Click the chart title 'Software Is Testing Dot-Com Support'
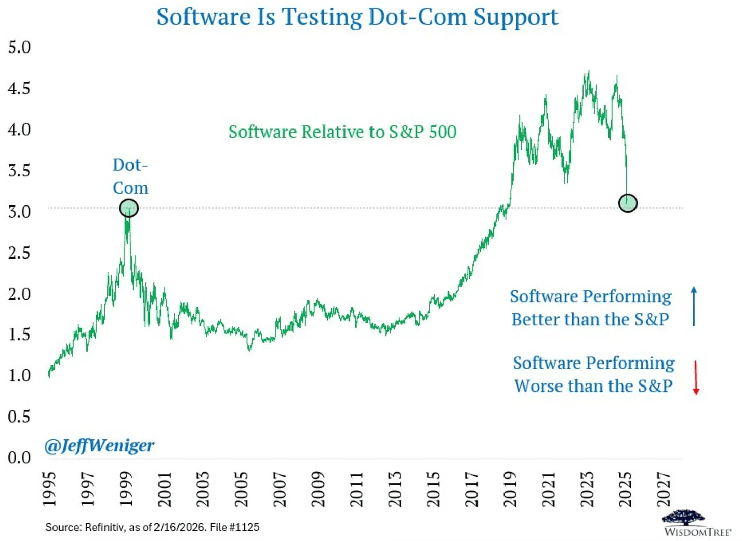pyautogui.click(x=357, y=17)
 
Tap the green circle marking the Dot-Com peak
pyautogui.click(x=128, y=208)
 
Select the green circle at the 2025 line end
pyautogui.click(x=627, y=203)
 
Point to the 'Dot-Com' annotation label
pyautogui.click(x=130, y=176)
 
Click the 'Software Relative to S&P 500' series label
pyautogui.click(x=342, y=132)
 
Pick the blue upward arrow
pyautogui.click(x=694, y=306)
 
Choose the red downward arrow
pyautogui.click(x=696, y=377)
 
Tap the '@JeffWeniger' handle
pyautogui.click(x=99, y=446)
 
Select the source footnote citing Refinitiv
pyautogui.click(x=152, y=527)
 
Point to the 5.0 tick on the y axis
pyautogui.click(x=19, y=47)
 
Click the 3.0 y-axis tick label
pyautogui.click(x=19, y=212)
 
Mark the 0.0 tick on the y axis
pyautogui.click(x=19, y=458)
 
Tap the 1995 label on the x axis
pyautogui.click(x=49, y=489)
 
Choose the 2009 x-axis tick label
pyautogui.click(x=318, y=489)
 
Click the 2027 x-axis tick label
pyautogui.click(x=664, y=489)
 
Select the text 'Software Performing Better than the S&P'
pyautogui.click(x=590, y=308)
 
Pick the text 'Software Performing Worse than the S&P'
pyautogui.click(x=593, y=375)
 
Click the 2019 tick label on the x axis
pyautogui.click(x=510, y=489)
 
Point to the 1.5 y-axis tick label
pyautogui.click(x=19, y=334)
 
